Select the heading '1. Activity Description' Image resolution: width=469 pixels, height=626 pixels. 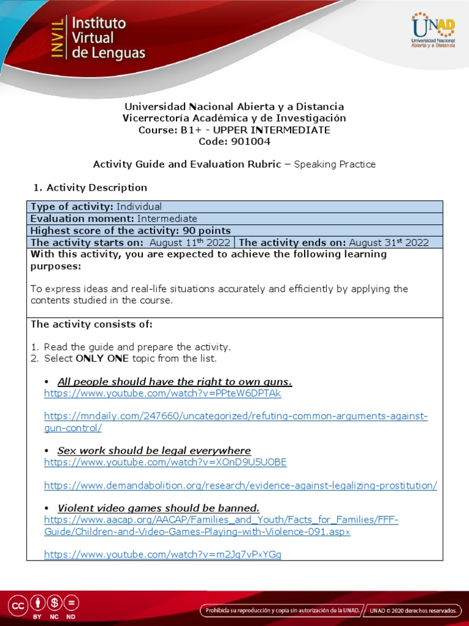pyautogui.click(x=89, y=188)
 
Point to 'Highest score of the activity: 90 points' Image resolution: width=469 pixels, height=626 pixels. pyautogui.click(x=131, y=230)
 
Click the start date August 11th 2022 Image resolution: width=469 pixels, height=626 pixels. pyautogui.click(x=190, y=242)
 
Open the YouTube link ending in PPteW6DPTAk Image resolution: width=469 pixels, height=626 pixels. pyautogui.click(x=162, y=394)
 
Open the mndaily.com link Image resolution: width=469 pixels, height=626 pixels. pyautogui.click(x=236, y=416)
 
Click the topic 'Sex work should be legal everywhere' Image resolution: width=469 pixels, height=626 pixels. pyautogui.click(x=154, y=451)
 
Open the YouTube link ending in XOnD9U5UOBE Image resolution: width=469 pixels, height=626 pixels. pyautogui.click(x=165, y=462)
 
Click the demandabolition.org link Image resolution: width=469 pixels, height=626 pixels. pyautogui.click(x=241, y=485)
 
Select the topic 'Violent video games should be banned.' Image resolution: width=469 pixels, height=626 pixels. pyautogui.click(x=158, y=508)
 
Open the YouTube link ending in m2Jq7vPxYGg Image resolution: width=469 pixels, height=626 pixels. pyautogui.click(x=162, y=554)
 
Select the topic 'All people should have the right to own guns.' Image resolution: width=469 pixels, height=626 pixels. pyautogui.click(x=175, y=382)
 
